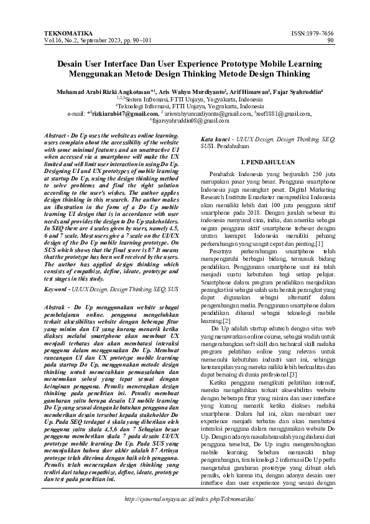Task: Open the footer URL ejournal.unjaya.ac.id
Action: click(x=190, y=499)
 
